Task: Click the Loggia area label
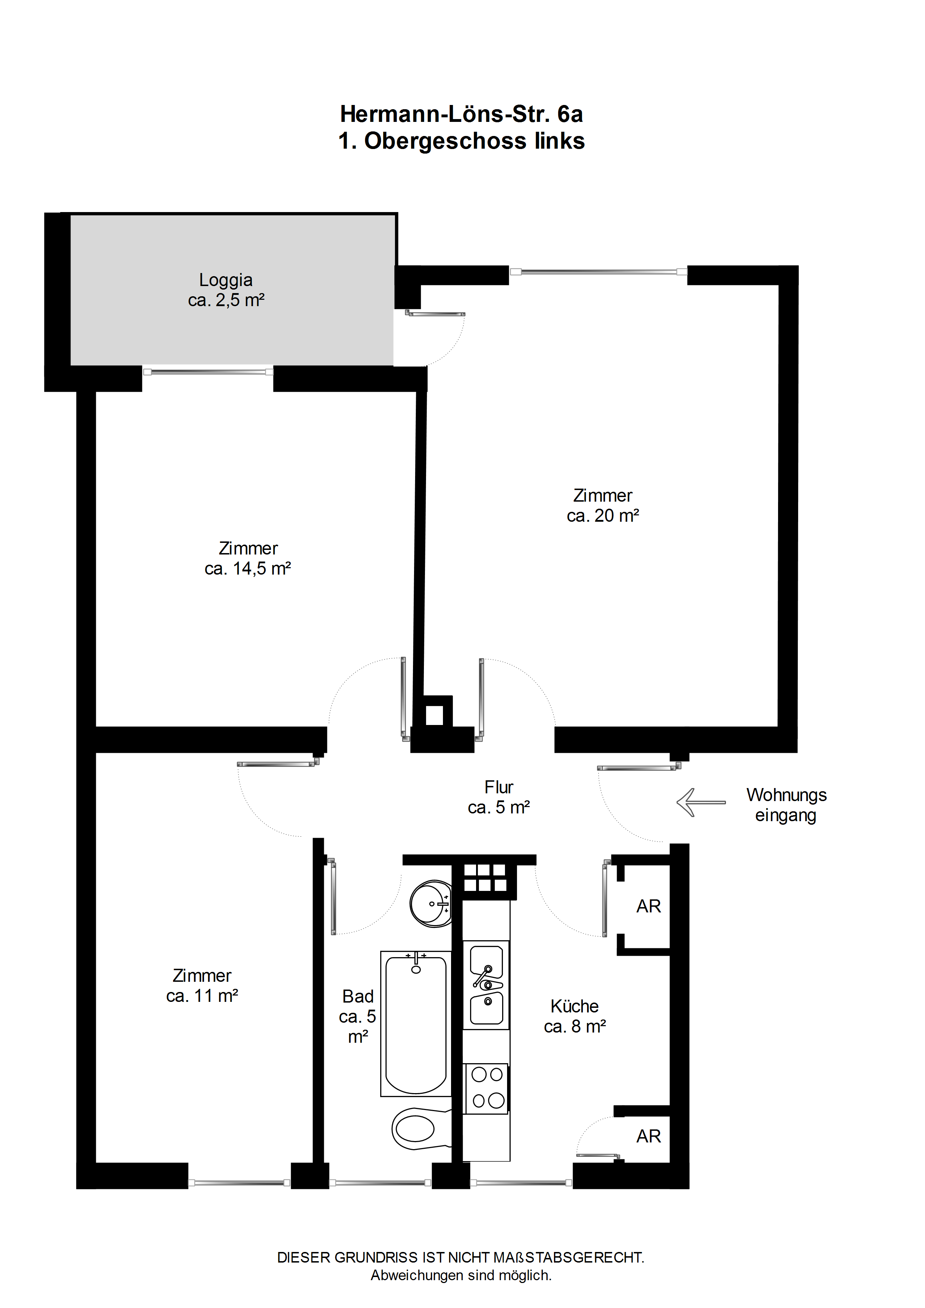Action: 226,290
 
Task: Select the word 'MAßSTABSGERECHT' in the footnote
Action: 568,1257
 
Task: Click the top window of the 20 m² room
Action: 598,272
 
